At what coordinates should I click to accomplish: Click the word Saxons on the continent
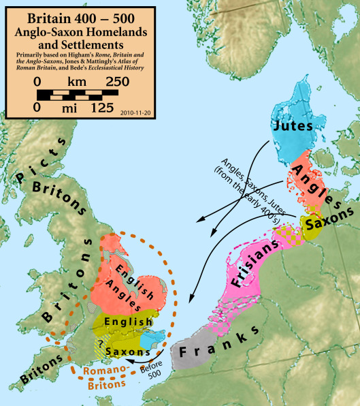329,222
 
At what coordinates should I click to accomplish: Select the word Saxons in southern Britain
128,352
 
